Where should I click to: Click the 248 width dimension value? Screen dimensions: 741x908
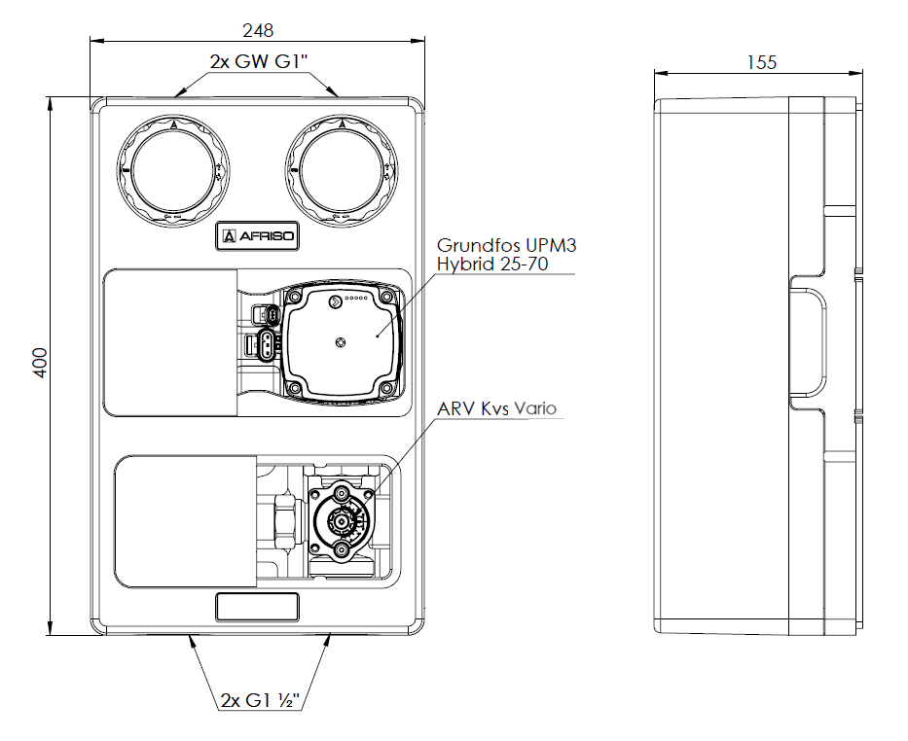[x=258, y=29]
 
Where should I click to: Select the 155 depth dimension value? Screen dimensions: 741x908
[x=761, y=62]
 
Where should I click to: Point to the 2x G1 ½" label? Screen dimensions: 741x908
[x=258, y=700]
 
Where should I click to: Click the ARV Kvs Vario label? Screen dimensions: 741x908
[x=496, y=408]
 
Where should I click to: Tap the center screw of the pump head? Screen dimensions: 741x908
[x=341, y=341]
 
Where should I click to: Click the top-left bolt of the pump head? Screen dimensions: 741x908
[x=294, y=297]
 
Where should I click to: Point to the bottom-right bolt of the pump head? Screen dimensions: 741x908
[x=386, y=389]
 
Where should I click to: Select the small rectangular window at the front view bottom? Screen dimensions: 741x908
[x=257, y=607]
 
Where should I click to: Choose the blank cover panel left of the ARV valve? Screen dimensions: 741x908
[x=185, y=521]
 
